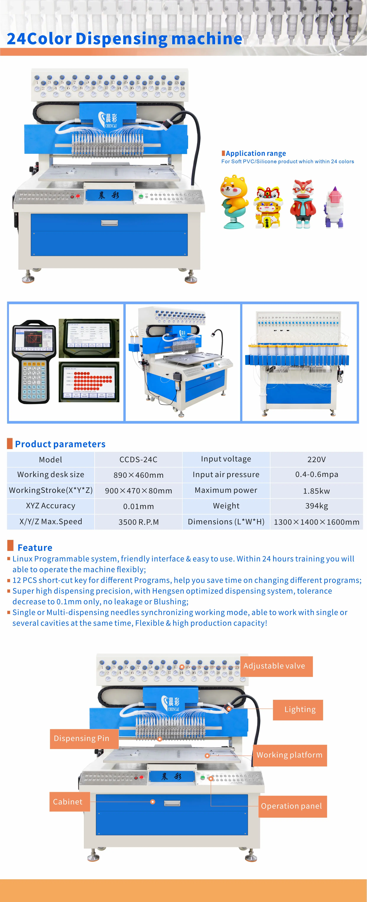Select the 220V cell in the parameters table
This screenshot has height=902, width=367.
coord(316,459)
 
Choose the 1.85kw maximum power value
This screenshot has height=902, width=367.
coord(316,491)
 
